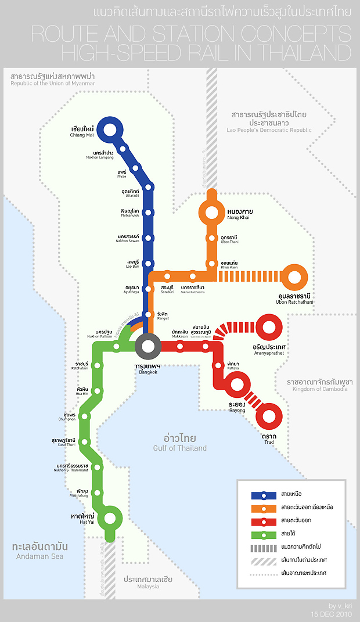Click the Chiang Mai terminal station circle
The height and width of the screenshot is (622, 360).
(x=109, y=129)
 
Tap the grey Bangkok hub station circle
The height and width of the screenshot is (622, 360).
(x=148, y=347)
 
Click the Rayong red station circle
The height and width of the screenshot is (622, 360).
(x=237, y=384)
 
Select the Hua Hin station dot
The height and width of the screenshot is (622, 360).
(x=98, y=391)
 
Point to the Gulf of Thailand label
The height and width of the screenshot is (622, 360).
(x=179, y=443)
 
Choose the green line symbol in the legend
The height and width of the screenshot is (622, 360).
(x=264, y=534)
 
